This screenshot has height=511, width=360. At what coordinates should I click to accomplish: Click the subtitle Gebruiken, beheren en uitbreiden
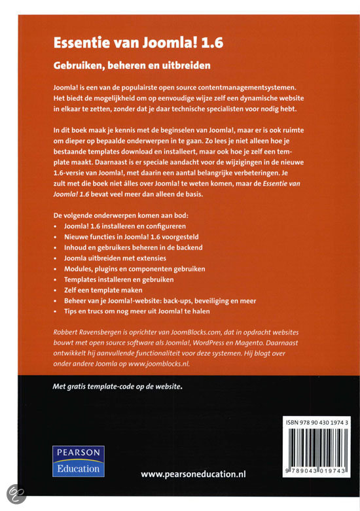135,66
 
